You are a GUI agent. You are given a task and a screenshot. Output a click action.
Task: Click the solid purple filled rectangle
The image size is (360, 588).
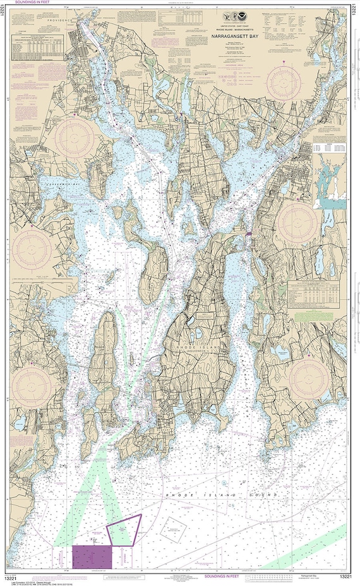coord(92,557)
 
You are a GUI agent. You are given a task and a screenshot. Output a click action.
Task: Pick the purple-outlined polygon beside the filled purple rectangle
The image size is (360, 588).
coord(124,529)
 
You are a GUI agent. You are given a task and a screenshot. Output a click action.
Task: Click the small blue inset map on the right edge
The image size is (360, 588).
coord(328,184)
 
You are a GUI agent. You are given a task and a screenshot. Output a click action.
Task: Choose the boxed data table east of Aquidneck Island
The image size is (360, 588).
coord(316,291)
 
